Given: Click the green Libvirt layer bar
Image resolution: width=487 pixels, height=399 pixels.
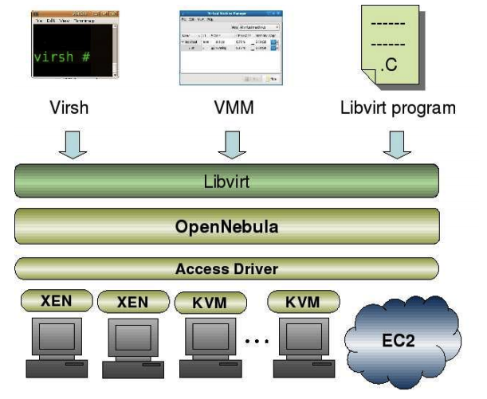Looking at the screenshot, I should coord(227,181).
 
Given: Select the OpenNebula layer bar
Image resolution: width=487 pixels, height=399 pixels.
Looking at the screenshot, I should coord(227,225).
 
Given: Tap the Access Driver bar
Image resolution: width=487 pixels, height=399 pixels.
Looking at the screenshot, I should coord(227,268).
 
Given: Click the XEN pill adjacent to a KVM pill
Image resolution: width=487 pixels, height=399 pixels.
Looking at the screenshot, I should coord(132,302).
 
